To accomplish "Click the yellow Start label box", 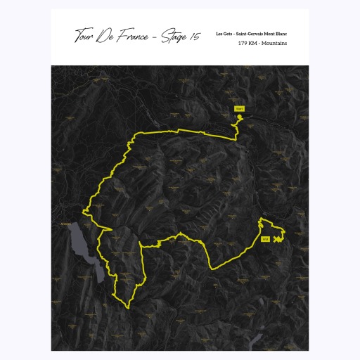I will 239,109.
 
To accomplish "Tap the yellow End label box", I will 265,240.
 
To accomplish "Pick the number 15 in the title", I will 195,37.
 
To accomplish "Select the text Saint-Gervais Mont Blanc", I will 265,34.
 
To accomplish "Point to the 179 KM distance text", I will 247,44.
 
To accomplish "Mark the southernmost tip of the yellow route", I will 127,308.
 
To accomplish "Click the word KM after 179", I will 252,44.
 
